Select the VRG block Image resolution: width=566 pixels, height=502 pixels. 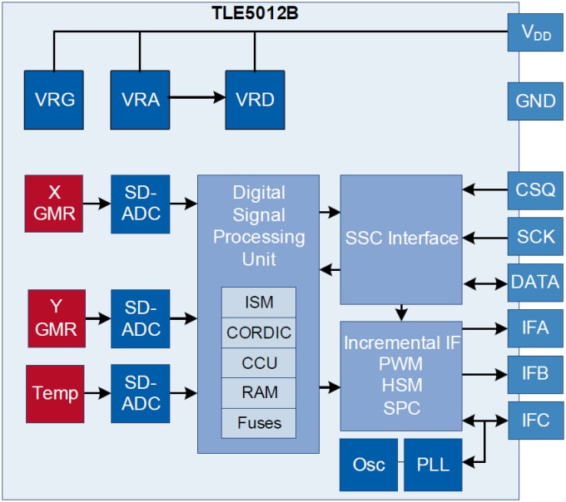click(54, 100)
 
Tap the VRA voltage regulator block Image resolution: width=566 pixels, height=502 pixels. click(140, 100)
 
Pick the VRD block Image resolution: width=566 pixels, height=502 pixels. click(255, 100)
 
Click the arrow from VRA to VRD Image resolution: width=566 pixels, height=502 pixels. click(196, 98)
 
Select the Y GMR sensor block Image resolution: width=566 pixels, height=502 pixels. click(57, 317)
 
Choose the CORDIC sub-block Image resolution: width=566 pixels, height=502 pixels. click(258, 332)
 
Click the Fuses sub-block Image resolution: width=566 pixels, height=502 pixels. click(258, 422)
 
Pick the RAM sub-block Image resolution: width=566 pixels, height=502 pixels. click(258, 392)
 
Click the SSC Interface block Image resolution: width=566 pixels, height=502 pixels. click(401, 239)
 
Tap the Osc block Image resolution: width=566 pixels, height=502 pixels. click(368, 464)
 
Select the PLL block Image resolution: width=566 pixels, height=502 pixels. click(432, 464)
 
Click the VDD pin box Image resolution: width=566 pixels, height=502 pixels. click(535, 34)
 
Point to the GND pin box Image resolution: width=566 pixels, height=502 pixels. click(535, 101)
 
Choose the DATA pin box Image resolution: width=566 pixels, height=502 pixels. click(535, 283)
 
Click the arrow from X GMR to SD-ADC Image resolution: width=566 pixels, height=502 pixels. click(98, 203)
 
